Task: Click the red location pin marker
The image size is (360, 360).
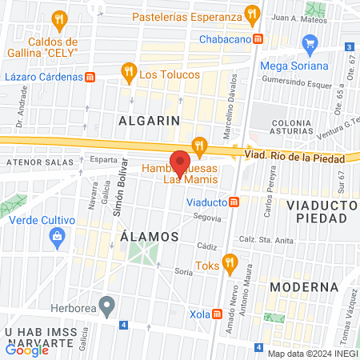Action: pos(180,162)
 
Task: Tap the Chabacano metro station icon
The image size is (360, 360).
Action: pos(258,38)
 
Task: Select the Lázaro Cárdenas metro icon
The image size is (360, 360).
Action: pos(90,78)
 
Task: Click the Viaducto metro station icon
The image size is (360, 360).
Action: pos(234,202)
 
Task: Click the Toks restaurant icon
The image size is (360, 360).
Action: pos(230,261)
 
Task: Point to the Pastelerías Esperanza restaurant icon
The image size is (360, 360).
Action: pos(253,15)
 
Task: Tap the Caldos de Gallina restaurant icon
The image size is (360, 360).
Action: pos(58,19)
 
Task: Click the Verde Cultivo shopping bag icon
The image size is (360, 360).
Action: pos(56,236)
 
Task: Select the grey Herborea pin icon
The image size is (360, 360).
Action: pos(110,305)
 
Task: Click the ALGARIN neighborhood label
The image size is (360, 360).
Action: pos(148,120)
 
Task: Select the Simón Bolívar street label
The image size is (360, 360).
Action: pos(122,195)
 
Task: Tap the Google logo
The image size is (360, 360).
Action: pos(27,350)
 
